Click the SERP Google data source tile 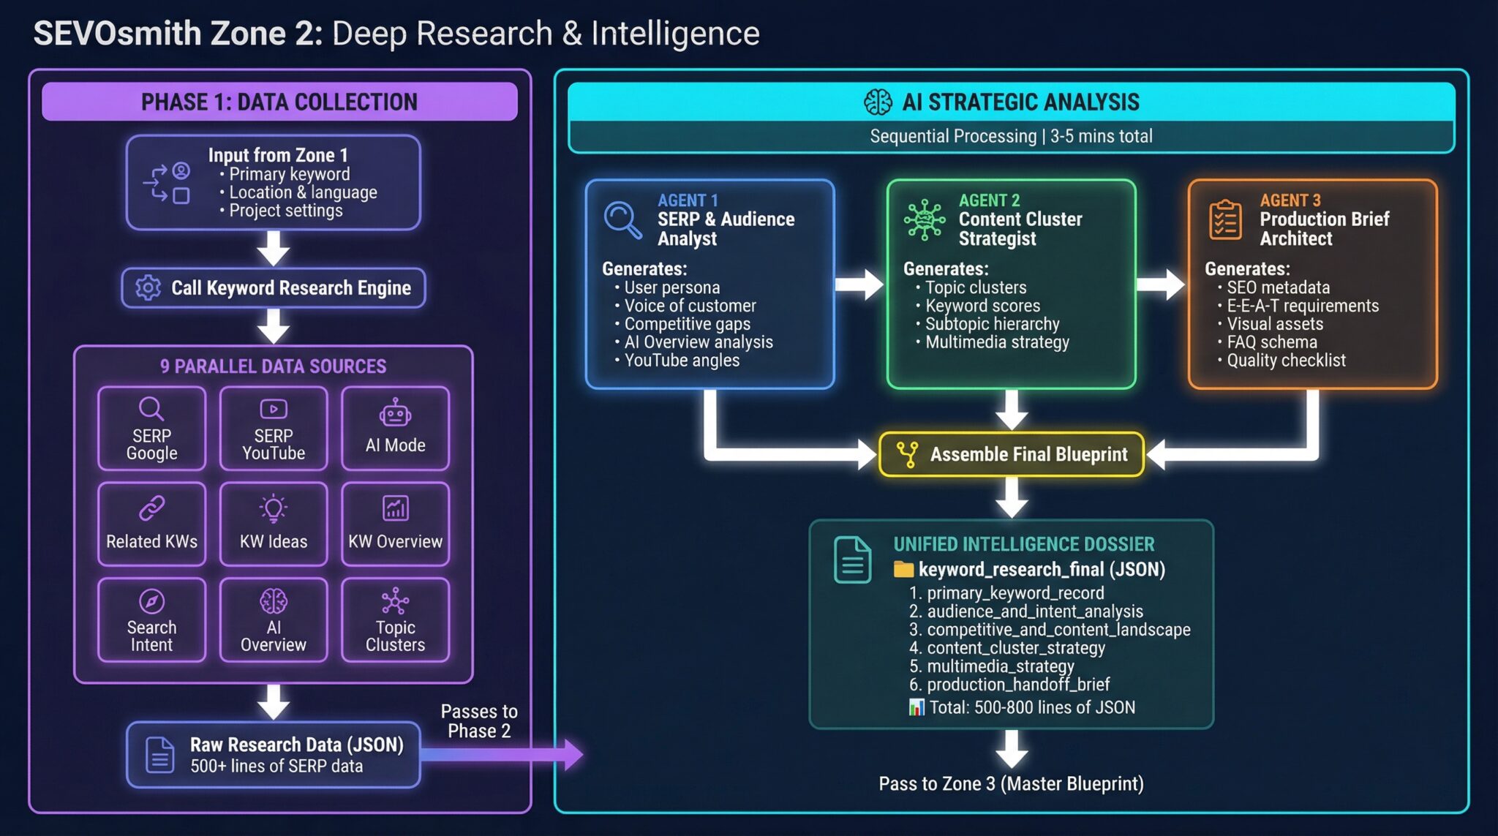coord(151,429)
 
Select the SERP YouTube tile coord(274,429)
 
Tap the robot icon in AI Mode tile coord(395,413)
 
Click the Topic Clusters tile coord(395,620)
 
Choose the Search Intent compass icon coord(151,601)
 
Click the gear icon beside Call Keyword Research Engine coord(148,287)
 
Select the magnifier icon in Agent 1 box coord(622,219)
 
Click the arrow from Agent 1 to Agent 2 coord(860,285)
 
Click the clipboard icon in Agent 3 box coord(1225,219)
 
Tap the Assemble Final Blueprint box coord(1012,454)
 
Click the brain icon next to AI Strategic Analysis coord(878,102)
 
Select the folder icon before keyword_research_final coord(903,569)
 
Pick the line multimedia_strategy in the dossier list coord(1000,666)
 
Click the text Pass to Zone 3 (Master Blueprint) coord(1011,784)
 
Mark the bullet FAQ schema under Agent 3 coord(1271,342)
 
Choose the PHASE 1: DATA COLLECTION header coord(279,102)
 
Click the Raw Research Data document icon coord(159,755)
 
